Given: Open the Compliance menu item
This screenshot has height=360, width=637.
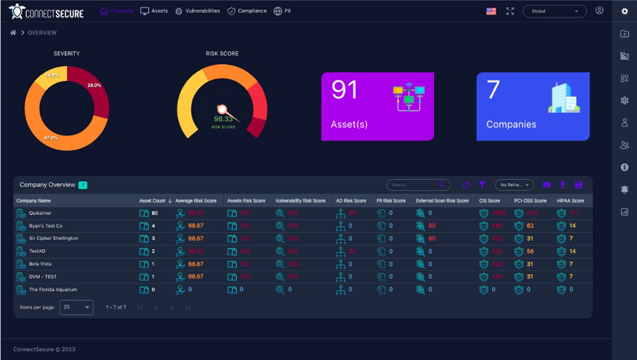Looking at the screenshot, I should coord(247,11).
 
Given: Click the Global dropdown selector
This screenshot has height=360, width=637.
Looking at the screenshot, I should coord(554,11).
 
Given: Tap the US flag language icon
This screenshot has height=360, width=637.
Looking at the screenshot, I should coord(491,11).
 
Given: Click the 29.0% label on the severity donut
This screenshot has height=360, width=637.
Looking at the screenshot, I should coord(94,85).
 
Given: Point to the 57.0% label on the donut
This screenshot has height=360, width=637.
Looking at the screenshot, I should coord(51,138).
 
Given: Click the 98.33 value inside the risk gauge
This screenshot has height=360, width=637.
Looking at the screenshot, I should coord(223,119).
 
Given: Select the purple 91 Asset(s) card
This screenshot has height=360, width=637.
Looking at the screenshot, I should coord(377,106).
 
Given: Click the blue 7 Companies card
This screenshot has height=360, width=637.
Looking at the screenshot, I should coord(532,106).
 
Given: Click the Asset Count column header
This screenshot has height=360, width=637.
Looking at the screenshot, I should coord(152,201).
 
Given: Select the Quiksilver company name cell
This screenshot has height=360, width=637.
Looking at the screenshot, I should coord(40,213).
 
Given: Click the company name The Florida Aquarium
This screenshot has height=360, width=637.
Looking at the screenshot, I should coord(53,289).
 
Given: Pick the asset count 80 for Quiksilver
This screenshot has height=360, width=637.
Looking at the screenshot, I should coord(154,213).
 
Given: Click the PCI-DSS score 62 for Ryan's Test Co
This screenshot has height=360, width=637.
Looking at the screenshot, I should coord(530,226).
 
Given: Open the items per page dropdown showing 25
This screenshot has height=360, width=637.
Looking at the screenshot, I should coord(76,307).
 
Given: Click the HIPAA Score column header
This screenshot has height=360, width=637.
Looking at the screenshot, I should coord(570,201).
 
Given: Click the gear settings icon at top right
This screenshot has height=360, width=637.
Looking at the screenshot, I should coord(624,11).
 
